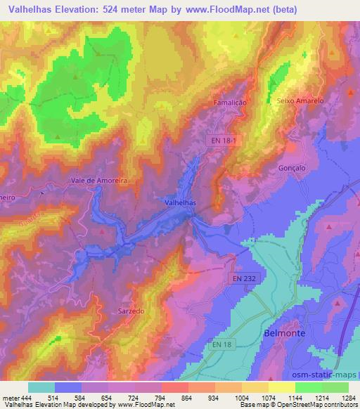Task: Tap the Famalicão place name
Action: [x=229, y=103]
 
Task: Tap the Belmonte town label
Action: [x=284, y=334]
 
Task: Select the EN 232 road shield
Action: [x=243, y=278]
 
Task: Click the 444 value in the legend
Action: [x=25, y=398]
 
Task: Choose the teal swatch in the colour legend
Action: [x=41, y=387]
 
